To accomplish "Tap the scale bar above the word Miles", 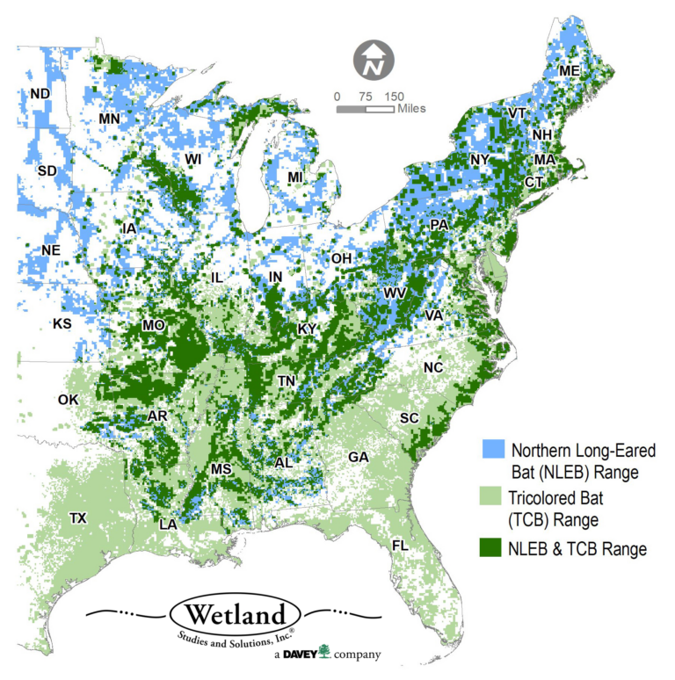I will (x=365, y=110).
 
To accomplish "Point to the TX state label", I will (x=78, y=518).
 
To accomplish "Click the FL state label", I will (x=400, y=546).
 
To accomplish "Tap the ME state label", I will (x=570, y=70).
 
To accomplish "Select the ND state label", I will (x=40, y=94).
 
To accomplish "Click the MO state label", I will (x=153, y=326).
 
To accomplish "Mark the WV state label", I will (x=392, y=293).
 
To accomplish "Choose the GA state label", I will (x=358, y=457).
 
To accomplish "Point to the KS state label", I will (x=62, y=324).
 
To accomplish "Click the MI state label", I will (x=295, y=177).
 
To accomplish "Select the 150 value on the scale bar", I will (x=394, y=96).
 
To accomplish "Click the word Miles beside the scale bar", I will (x=410, y=109).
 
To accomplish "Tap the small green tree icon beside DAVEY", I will (x=324, y=652).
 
